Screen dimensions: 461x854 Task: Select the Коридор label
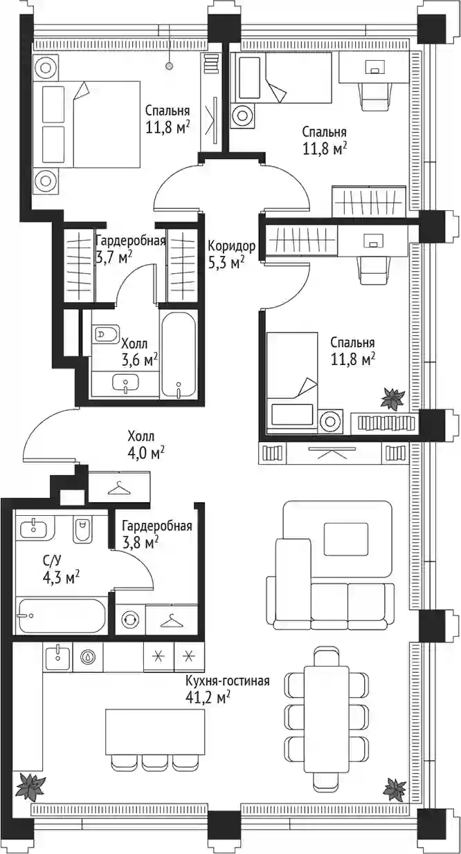(x=231, y=246)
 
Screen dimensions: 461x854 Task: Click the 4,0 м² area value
(x=146, y=453)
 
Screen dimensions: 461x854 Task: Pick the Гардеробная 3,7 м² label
(x=129, y=248)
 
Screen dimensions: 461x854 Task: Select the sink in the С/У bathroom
(x=35, y=528)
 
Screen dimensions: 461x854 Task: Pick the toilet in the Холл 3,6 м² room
(x=106, y=335)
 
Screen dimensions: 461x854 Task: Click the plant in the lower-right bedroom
(x=392, y=399)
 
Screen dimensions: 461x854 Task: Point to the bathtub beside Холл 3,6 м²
(x=179, y=355)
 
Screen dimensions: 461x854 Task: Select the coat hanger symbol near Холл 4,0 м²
(x=119, y=488)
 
